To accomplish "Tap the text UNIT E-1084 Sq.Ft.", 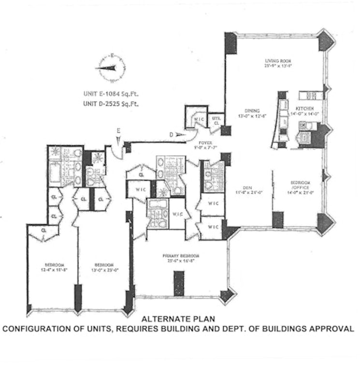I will [108, 95].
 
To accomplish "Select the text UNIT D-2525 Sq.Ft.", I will [108, 103].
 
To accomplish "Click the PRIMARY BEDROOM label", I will [182, 256].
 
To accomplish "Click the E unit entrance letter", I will [118, 130].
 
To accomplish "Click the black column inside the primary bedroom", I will [179, 283].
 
